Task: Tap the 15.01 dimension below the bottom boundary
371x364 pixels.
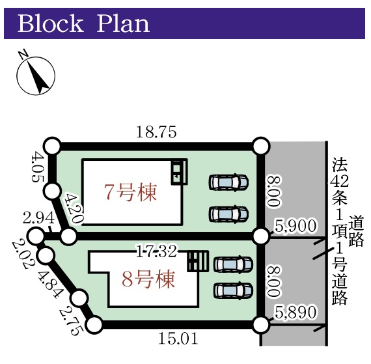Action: pos(178,339)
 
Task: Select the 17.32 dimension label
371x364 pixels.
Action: pos(157,251)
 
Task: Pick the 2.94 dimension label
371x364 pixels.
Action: pos(38,218)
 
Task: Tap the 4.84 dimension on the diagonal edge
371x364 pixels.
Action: pos(50,285)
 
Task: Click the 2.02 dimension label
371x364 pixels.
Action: pos(21,255)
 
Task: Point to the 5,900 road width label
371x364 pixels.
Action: pos(295,226)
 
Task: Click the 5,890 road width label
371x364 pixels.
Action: pos(295,312)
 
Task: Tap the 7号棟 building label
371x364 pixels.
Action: pos(130,191)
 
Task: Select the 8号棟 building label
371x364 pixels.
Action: pos(148,279)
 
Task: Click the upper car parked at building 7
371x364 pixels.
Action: pos(228,182)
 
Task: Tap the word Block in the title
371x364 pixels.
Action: pos(51,23)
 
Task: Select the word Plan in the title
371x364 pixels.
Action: pos(123,23)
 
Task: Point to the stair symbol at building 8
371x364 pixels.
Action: pos(198,261)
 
